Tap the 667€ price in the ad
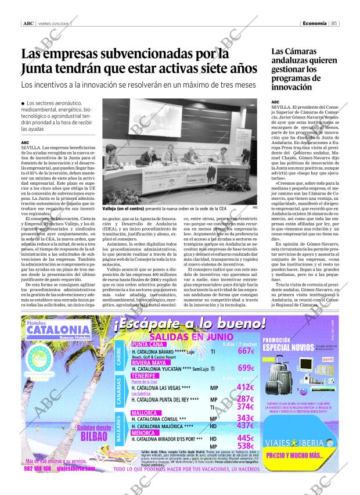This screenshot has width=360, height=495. pyautogui.click(x=246, y=351)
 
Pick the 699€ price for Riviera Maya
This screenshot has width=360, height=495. pyautogui.click(x=246, y=368)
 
